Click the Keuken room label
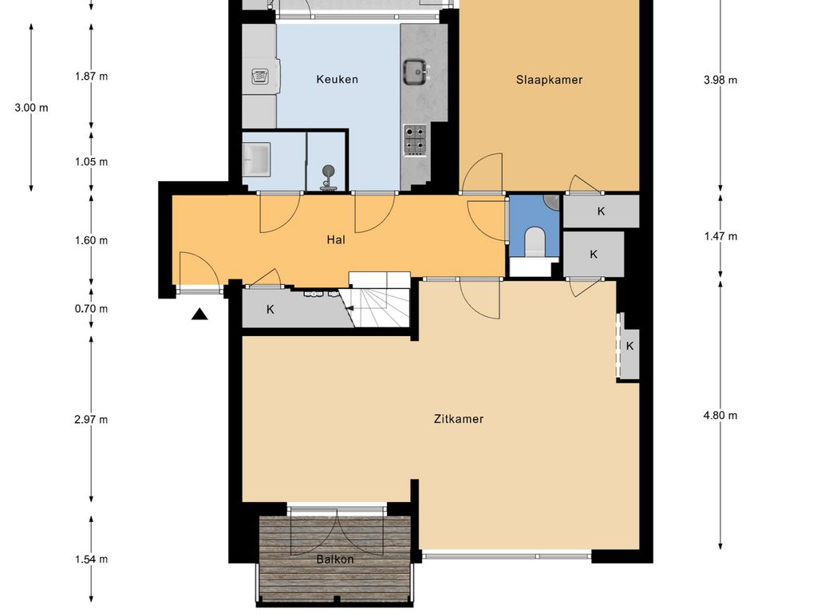(x=337, y=79)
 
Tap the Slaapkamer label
(x=549, y=80)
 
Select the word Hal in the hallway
(x=336, y=239)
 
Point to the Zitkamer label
(x=459, y=418)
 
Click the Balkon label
(x=335, y=560)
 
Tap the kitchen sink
(x=416, y=72)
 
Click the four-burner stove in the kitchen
(x=415, y=140)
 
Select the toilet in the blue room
(x=535, y=242)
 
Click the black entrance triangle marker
(x=199, y=314)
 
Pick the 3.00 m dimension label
(x=31, y=108)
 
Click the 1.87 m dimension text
(x=91, y=76)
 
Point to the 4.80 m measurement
(x=720, y=415)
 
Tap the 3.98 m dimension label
(x=720, y=80)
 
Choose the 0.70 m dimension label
(x=91, y=309)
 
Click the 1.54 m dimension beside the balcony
(x=91, y=560)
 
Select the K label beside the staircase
(x=270, y=310)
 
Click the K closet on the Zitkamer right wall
(x=630, y=346)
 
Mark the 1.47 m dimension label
(x=720, y=236)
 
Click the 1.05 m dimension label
(x=91, y=161)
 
